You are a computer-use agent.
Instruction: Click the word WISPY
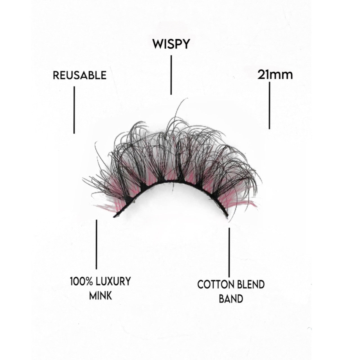[171, 44]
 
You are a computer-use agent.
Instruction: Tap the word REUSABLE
[80, 75]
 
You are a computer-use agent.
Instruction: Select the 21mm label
[275, 75]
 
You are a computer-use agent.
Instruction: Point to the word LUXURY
[113, 282]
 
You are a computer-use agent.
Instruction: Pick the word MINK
[100, 295]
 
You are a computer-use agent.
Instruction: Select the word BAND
[231, 299]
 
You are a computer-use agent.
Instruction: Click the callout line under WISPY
[171, 75]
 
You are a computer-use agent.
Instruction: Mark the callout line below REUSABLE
[74, 110]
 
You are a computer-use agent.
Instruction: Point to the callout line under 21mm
[269, 105]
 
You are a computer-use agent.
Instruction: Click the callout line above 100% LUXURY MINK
[97, 245]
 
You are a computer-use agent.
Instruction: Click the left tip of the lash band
[114, 217]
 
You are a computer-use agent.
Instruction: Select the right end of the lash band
[228, 215]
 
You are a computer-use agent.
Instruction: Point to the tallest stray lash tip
[187, 98]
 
